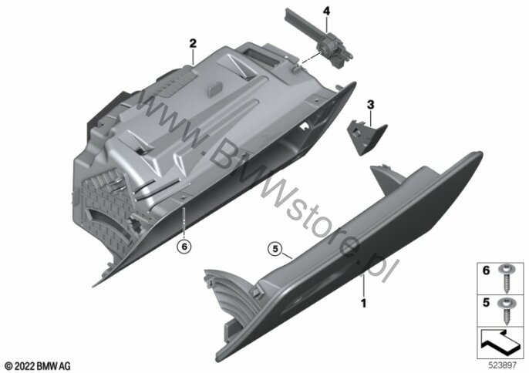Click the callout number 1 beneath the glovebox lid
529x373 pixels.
click(x=363, y=303)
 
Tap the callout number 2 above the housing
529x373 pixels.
click(x=193, y=43)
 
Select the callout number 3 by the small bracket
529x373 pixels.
click(x=370, y=105)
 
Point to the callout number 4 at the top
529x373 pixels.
click(x=326, y=11)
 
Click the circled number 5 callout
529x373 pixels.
click(x=275, y=249)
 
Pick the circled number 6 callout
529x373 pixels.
click(x=184, y=247)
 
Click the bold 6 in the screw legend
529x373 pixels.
click(x=486, y=271)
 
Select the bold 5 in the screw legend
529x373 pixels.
click(x=486, y=303)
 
